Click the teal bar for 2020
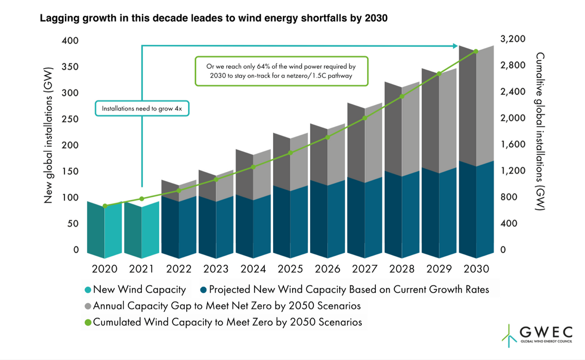click(x=104, y=230)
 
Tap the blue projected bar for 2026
click(x=328, y=219)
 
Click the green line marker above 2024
click(x=253, y=167)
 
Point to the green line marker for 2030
click(x=476, y=52)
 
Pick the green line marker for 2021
click(x=142, y=199)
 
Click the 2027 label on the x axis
click(x=365, y=269)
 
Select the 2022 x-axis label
click(x=179, y=269)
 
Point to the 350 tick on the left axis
click(x=70, y=67)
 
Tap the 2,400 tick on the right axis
click(x=513, y=91)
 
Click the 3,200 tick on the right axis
click(x=513, y=39)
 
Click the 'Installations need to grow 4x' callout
click(x=142, y=108)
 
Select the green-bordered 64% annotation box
click(x=282, y=71)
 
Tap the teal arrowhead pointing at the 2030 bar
click(x=455, y=46)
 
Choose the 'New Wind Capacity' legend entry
click(x=136, y=289)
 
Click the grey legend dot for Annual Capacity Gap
click(x=88, y=306)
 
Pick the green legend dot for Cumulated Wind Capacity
click(x=88, y=322)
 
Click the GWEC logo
click(x=537, y=336)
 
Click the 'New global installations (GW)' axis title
click(x=48, y=135)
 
